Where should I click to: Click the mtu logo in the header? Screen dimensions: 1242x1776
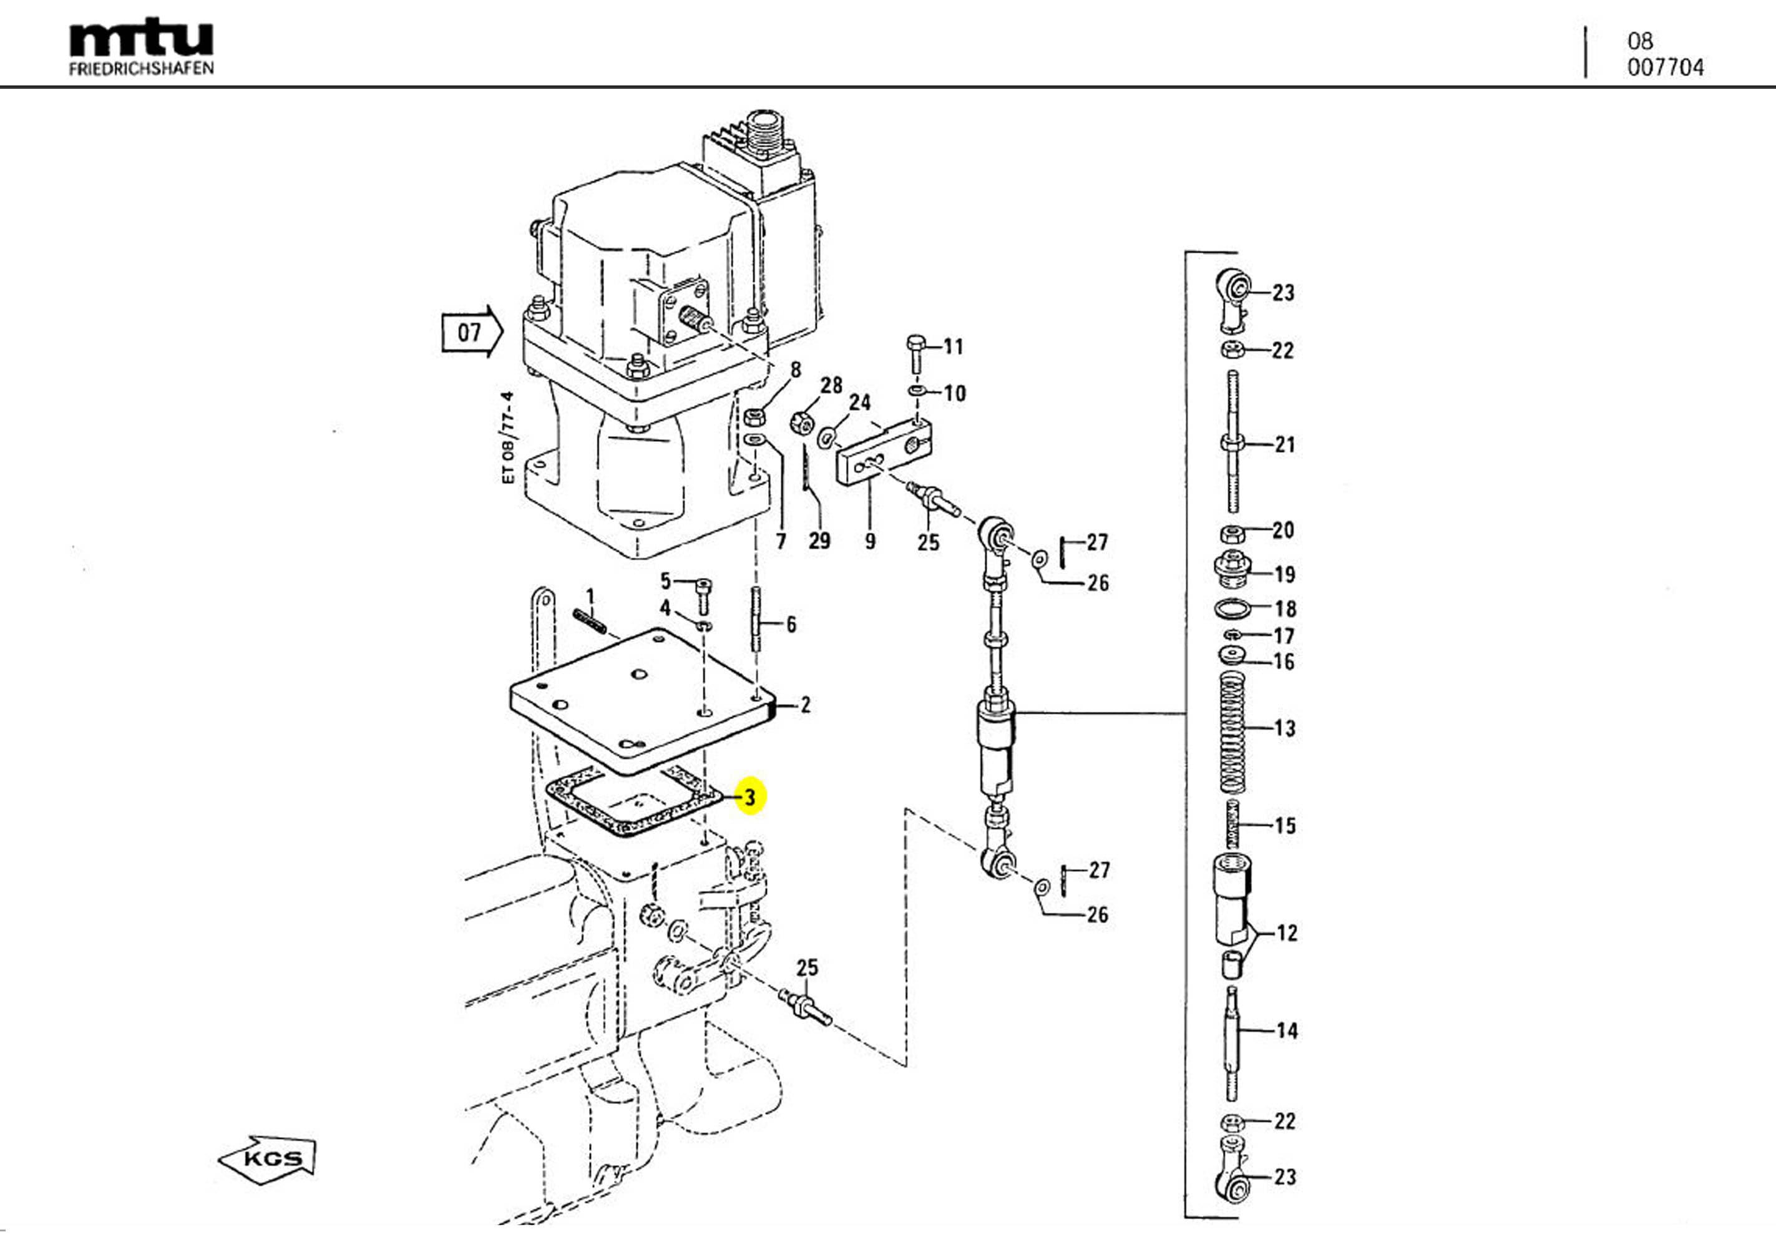coord(141,39)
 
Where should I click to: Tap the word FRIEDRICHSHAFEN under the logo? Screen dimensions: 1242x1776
coord(141,69)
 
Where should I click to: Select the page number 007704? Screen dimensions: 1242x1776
coord(1665,67)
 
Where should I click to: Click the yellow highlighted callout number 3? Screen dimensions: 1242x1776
coord(749,796)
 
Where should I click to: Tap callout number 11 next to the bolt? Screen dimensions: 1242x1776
coord(953,346)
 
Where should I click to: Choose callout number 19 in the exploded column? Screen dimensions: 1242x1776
coord(1284,574)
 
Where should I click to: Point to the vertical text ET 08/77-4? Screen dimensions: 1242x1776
coord(507,438)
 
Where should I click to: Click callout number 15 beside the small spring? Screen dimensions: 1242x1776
coord(1285,825)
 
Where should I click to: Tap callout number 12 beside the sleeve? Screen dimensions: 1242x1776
coord(1286,932)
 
